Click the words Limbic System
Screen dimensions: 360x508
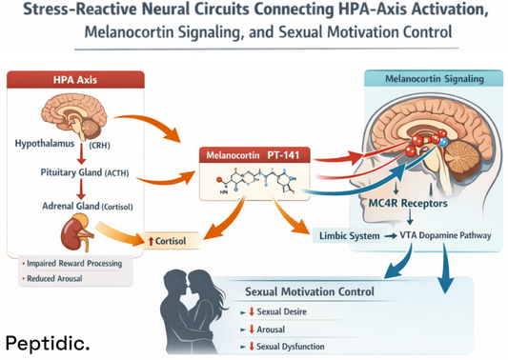click(x=343, y=234)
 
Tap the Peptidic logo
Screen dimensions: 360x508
click(x=48, y=341)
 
